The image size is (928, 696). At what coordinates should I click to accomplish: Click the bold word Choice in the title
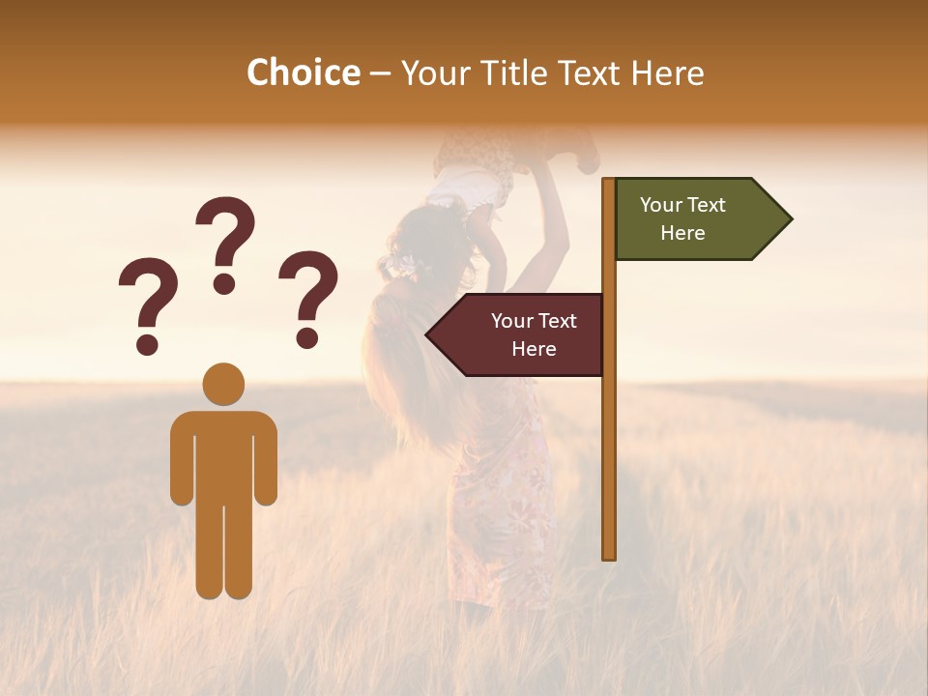point(303,72)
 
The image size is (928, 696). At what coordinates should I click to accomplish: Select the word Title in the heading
point(520,72)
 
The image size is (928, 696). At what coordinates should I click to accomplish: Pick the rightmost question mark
point(307,298)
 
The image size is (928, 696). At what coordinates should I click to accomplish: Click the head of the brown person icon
point(223,384)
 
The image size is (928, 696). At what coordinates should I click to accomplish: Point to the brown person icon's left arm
point(182,459)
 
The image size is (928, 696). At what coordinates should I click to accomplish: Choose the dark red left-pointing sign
point(522,334)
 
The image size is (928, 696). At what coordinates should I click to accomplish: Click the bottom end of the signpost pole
point(609,555)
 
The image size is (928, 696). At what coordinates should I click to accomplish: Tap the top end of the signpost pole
point(609,182)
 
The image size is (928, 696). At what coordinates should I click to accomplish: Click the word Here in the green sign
point(682,233)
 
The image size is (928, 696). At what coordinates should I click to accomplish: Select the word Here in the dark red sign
point(534,349)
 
